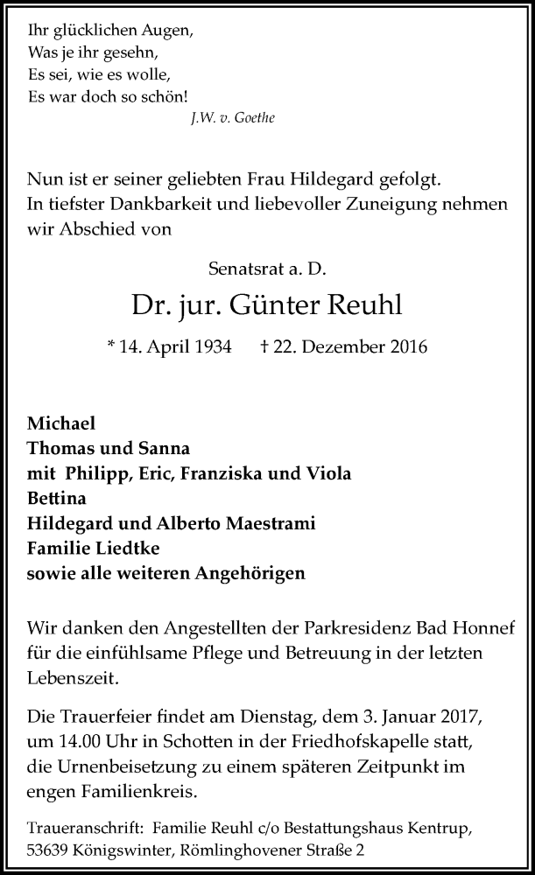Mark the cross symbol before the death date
click(x=264, y=347)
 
